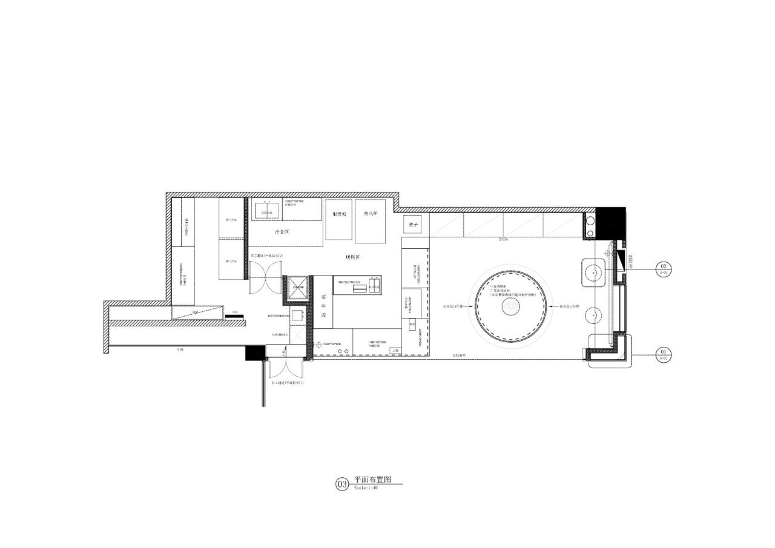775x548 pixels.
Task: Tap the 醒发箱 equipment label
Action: click(339, 214)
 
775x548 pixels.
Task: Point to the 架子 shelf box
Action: click(414, 225)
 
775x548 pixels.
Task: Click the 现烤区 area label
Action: click(353, 257)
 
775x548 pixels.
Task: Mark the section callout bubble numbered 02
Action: click(664, 266)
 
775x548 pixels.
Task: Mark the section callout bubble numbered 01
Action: click(664, 352)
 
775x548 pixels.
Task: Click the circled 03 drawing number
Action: click(342, 484)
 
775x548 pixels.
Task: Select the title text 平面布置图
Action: click(373, 480)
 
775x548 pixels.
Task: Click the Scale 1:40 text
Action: click(366, 488)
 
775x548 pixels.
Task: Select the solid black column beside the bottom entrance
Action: click(254, 353)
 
